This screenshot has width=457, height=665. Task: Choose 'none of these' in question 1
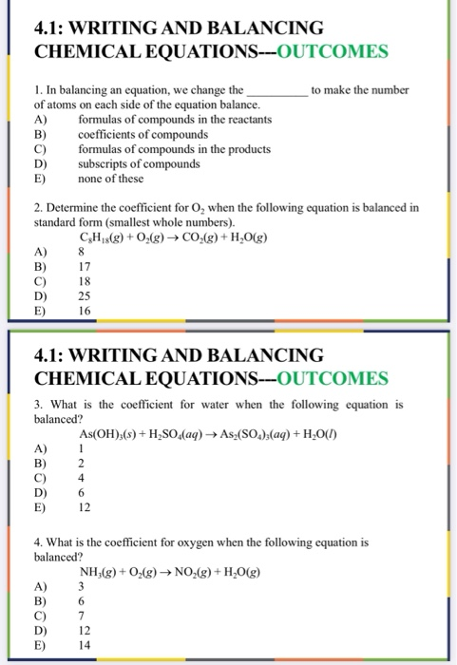click(110, 177)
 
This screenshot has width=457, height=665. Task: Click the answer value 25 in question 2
click(85, 295)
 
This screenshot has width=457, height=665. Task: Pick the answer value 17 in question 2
click(85, 267)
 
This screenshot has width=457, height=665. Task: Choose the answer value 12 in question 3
click(85, 506)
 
